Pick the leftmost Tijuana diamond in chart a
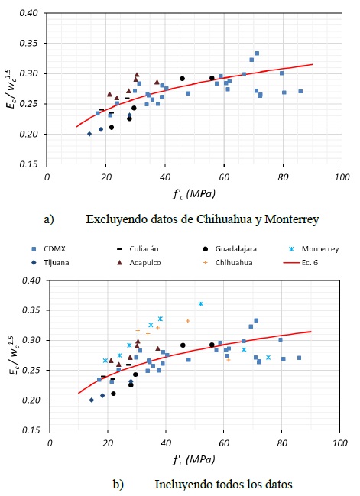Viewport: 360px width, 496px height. [x=89, y=134]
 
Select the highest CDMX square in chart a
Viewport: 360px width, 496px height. [x=257, y=53]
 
